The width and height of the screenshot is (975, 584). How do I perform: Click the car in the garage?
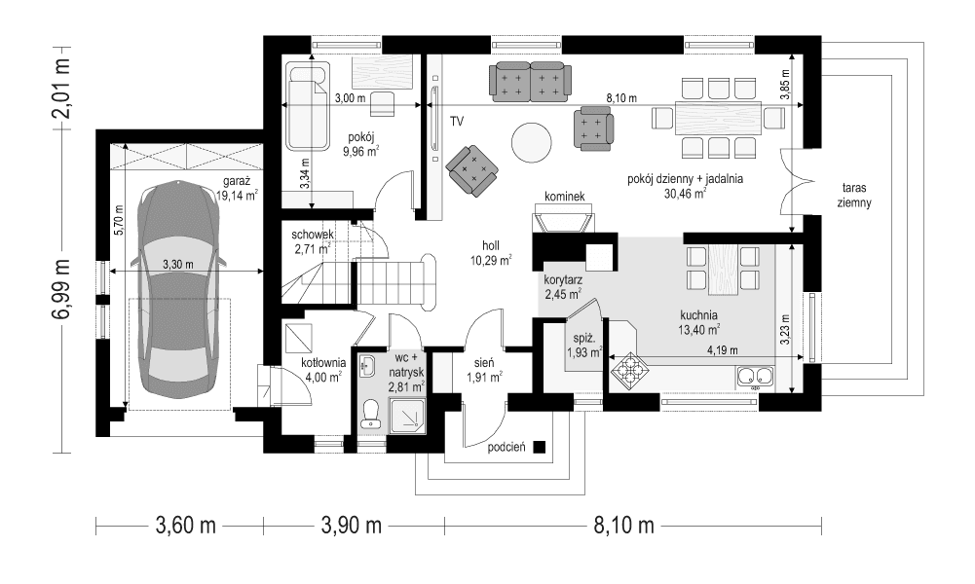(x=178, y=289)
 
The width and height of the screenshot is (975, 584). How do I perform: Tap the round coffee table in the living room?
(x=532, y=143)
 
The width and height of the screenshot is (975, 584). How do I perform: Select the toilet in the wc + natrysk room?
(x=370, y=416)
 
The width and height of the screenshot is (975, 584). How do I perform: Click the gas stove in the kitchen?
(x=627, y=369)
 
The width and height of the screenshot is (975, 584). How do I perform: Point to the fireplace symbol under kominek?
(x=564, y=221)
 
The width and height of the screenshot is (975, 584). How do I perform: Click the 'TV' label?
(x=456, y=122)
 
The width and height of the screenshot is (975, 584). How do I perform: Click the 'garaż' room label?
(x=236, y=181)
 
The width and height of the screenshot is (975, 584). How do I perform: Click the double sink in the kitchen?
(x=755, y=376)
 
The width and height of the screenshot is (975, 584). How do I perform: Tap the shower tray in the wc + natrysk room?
(x=408, y=417)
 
